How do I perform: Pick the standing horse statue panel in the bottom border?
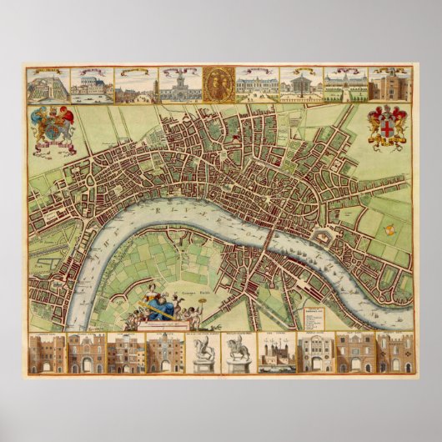pyautogui.click(x=237, y=354)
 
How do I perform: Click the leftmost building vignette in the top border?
pyautogui.click(x=47, y=84)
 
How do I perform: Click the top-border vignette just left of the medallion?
pyautogui.click(x=178, y=84)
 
